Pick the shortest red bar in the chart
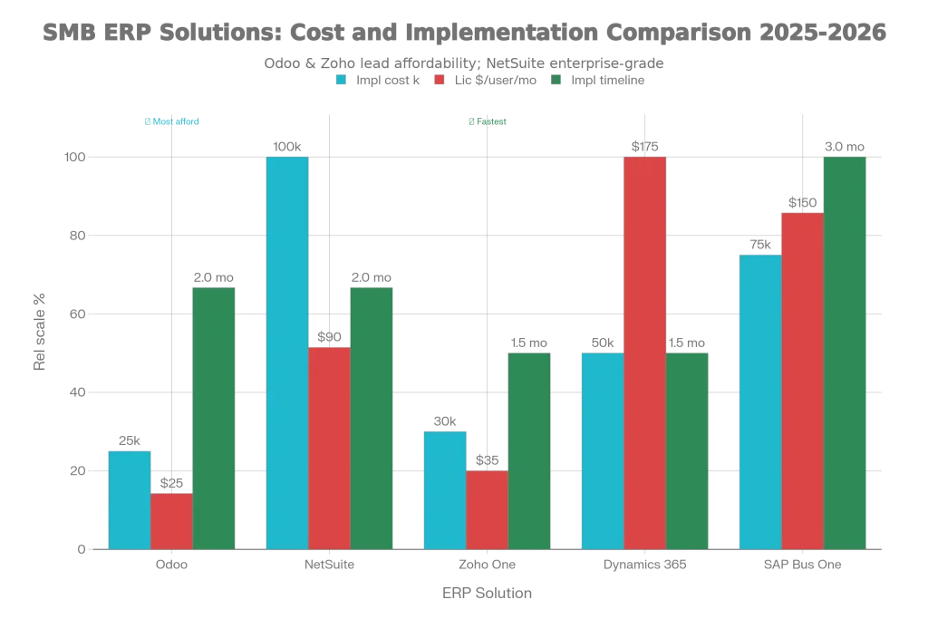[171, 520]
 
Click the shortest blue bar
[130, 499]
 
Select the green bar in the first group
[214, 417]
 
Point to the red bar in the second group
[329, 447]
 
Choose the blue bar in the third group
[444, 489]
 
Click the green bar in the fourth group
[687, 450]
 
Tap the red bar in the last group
[803, 380]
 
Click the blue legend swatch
[341, 80]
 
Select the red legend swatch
[440, 80]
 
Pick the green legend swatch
[556, 80]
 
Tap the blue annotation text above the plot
[173, 122]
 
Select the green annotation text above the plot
[486, 122]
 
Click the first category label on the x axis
[171, 566]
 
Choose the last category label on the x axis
[803, 566]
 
